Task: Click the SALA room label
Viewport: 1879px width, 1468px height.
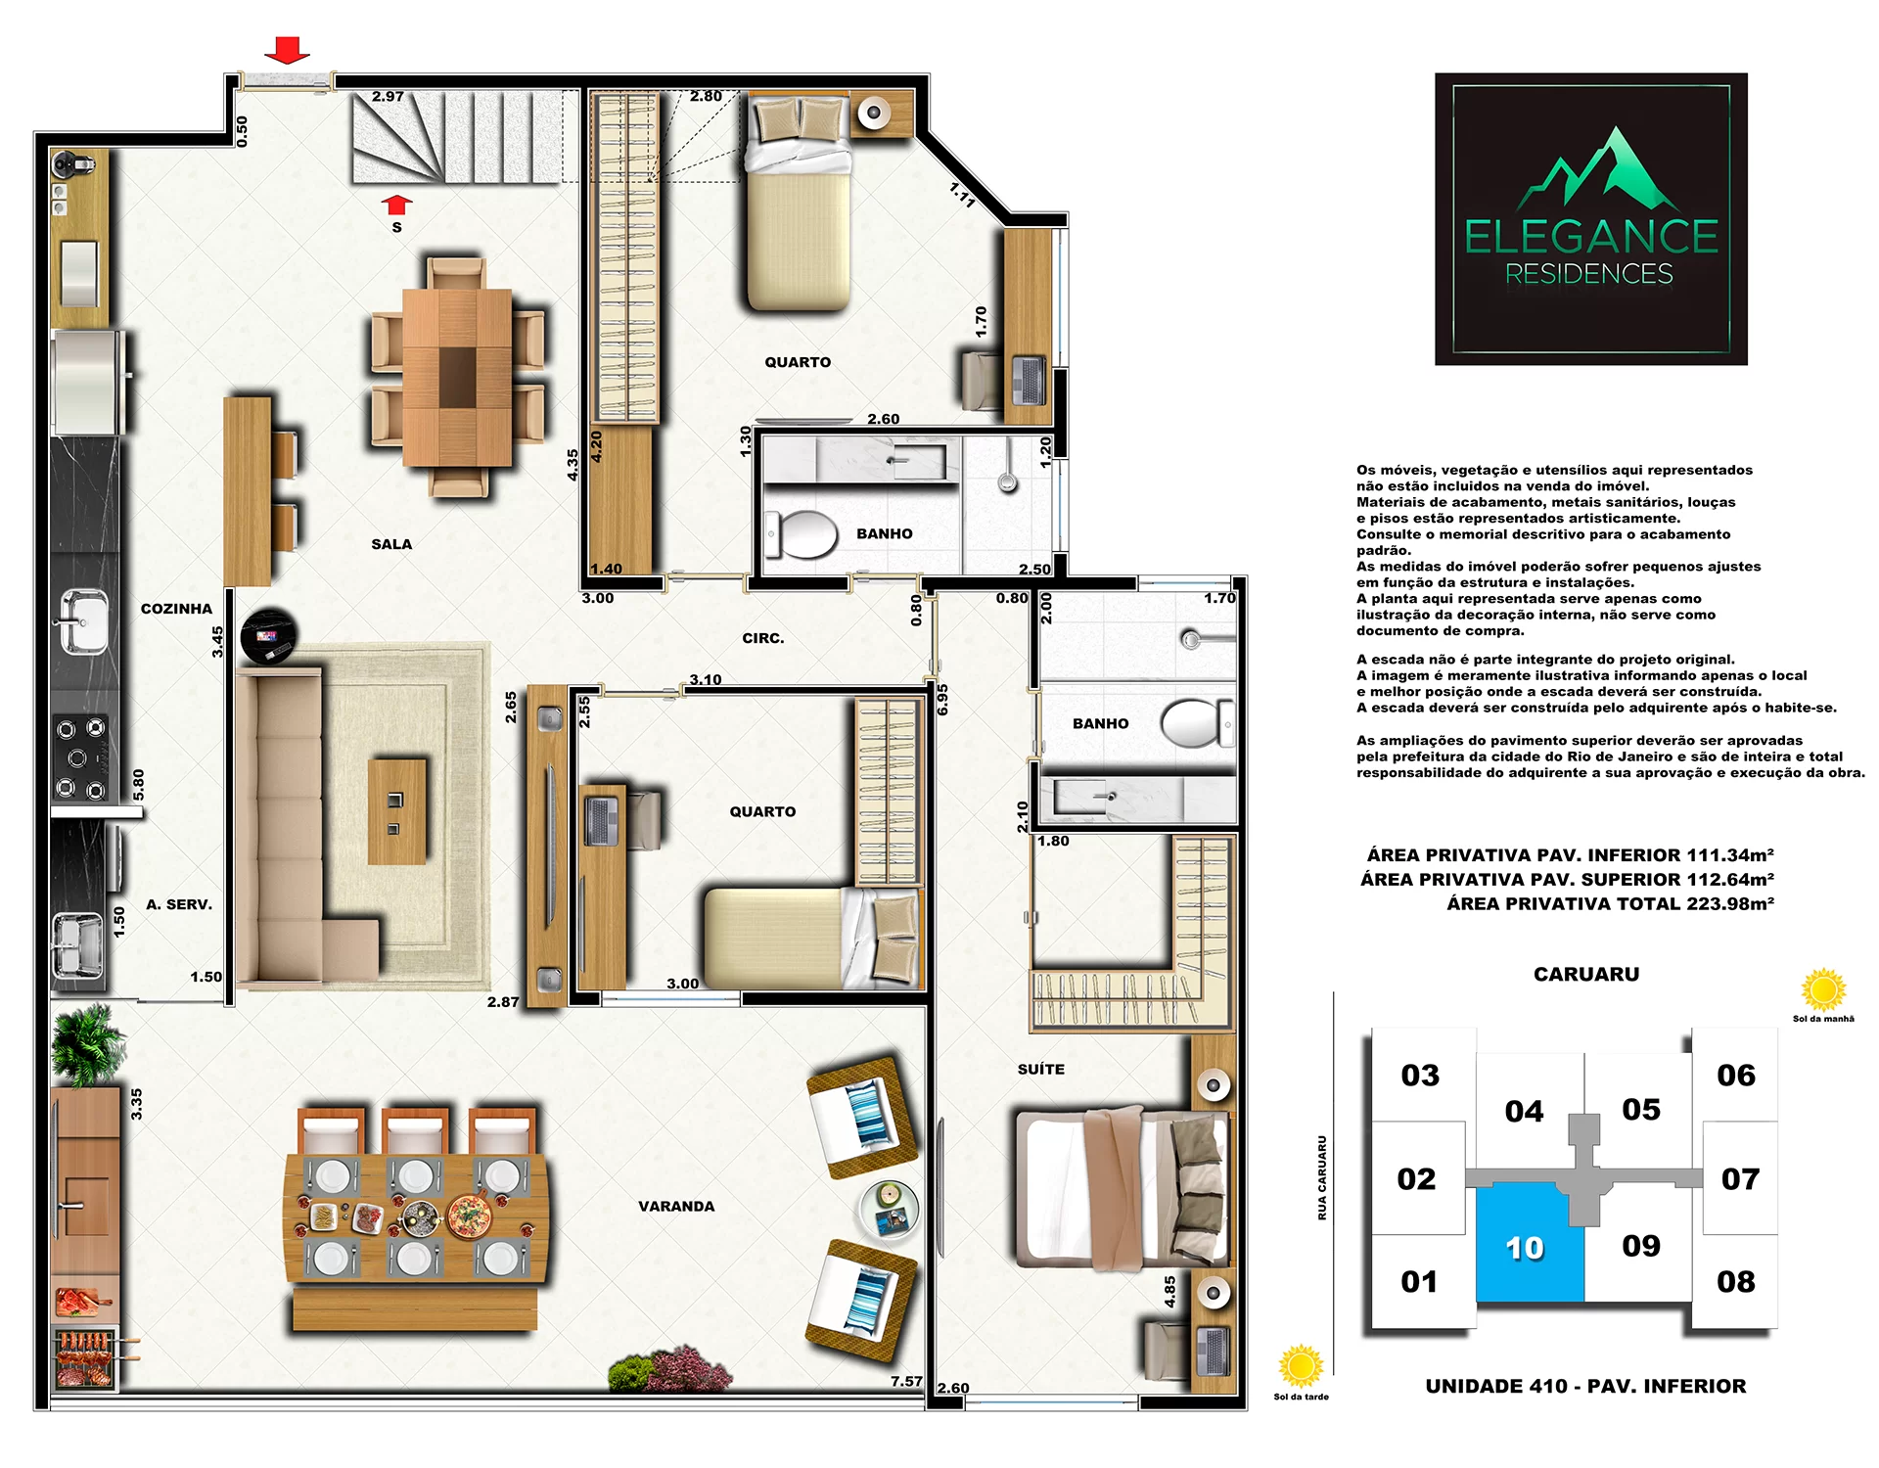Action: click(391, 544)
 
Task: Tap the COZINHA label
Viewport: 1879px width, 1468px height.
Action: click(176, 609)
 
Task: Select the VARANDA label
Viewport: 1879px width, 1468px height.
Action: click(676, 1207)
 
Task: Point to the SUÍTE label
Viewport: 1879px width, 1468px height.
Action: click(1041, 1069)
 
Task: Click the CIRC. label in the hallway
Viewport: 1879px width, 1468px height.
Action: click(763, 638)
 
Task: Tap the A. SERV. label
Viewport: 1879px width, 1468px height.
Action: click(179, 904)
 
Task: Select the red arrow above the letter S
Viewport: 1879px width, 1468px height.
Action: click(396, 205)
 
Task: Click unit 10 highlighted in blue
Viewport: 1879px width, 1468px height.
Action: click(1530, 1244)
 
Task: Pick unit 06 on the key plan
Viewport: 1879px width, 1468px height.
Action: click(1735, 1075)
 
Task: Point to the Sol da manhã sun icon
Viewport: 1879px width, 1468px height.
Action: click(1823, 989)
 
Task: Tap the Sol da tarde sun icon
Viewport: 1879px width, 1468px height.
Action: click(1301, 1366)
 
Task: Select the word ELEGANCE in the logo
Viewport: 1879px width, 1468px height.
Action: click(1591, 237)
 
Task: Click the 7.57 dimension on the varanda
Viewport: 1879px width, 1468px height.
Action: click(907, 1381)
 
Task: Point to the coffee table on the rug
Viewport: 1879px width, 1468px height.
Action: click(397, 812)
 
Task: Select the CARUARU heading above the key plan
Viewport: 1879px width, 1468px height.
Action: click(1586, 974)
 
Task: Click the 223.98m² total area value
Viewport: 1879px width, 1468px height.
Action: click(1730, 903)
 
